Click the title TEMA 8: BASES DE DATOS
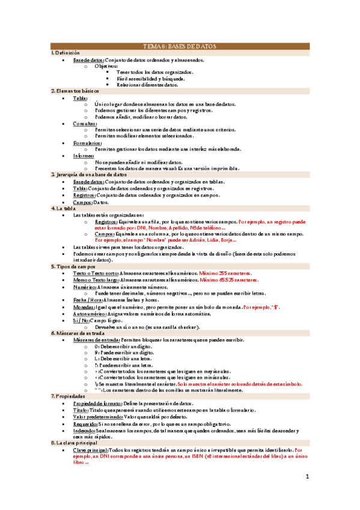pyautogui.click(x=180, y=46)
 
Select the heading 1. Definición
pyautogui.click(x=66, y=53)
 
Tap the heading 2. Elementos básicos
pyautogui.click(x=76, y=90)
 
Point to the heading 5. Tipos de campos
pyautogui.click(x=73, y=265)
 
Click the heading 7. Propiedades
pyautogui.click(x=69, y=395)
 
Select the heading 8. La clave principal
pyautogui.click(x=75, y=443)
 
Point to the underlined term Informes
pyautogui.click(x=85, y=156)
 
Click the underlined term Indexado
pyautogui.click(x=85, y=430)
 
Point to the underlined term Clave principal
pyautogui.click(x=91, y=450)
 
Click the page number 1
pyautogui.click(x=307, y=477)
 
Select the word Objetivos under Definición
pyautogui.click(x=106, y=66)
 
